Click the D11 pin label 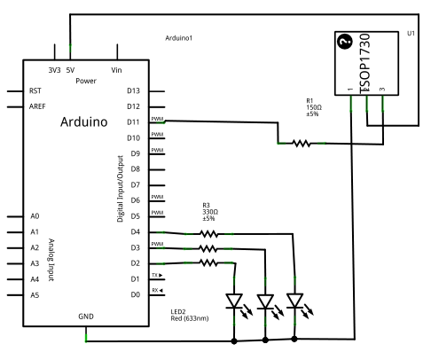pos(133,122)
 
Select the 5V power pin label pos(70,70)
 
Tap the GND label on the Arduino pos(86,317)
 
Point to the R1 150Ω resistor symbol pos(302,144)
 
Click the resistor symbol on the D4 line pos(208,234)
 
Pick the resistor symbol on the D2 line pos(208,262)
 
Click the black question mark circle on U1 pos(345,41)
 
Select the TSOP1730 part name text pos(364,63)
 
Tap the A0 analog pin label pos(35,216)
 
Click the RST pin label pos(35,90)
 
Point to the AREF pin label pos(37,106)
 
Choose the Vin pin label pos(116,70)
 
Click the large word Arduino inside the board pos(84,121)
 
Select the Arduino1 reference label pos(179,38)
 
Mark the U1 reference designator pos(411,34)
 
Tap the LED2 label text pos(178,312)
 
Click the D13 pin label pos(133,90)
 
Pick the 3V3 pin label pos(54,70)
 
